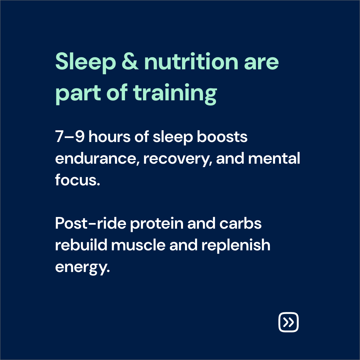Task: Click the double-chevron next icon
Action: [x=288, y=322]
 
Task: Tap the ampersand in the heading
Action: [x=130, y=61]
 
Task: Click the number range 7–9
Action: [x=70, y=136]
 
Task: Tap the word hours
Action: [x=110, y=136]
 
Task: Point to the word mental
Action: [x=274, y=158]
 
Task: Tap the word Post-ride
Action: [x=91, y=223]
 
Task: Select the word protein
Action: [x=157, y=224]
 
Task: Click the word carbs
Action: [x=240, y=223]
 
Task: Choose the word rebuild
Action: [x=81, y=245]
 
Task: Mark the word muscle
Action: [x=138, y=245]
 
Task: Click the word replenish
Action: [x=236, y=246]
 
